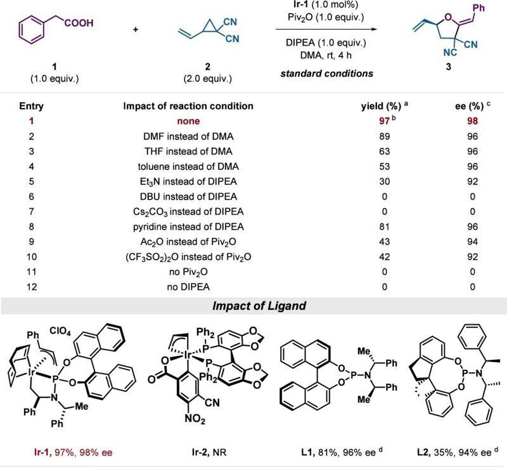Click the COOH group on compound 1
coord(79,23)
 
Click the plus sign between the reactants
coord(136,30)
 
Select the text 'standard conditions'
coord(326,74)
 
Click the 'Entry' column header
coord(31,106)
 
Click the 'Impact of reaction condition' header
coord(188,106)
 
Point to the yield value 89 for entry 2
coord(385,136)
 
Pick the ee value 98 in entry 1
coord(472,121)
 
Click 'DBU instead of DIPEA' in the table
coord(188,197)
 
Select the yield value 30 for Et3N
coord(385,181)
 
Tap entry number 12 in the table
coord(31,287)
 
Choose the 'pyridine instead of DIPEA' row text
coord(188,227)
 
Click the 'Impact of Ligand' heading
coord(259,306)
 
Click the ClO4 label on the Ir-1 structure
coord(60,331)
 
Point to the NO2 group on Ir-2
coord(195,419)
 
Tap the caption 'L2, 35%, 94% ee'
coord(454,452)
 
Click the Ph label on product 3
coord(478,8)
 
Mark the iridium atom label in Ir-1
coord(31,373)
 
